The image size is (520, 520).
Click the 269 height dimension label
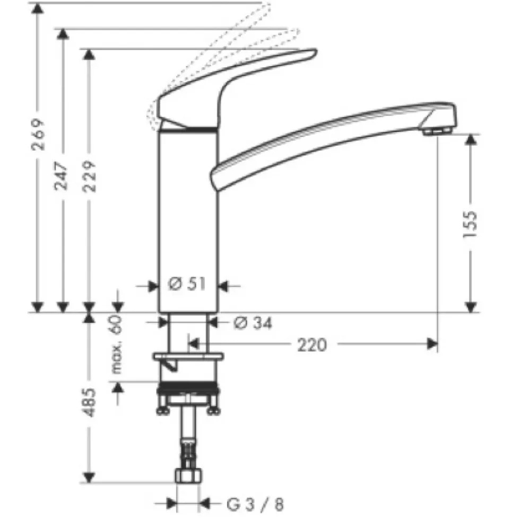[38, 134]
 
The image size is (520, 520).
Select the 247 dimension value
[61, 176]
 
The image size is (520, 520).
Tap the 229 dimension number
[89, 176]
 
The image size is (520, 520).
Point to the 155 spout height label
[470, 224]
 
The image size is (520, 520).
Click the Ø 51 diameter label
[187, 284]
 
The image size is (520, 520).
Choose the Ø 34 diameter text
[253, 323]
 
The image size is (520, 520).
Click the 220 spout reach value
[312, 345]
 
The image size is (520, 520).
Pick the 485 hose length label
[89, 402]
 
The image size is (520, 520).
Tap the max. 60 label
[116, 345]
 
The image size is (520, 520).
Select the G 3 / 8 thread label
[255, 505]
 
